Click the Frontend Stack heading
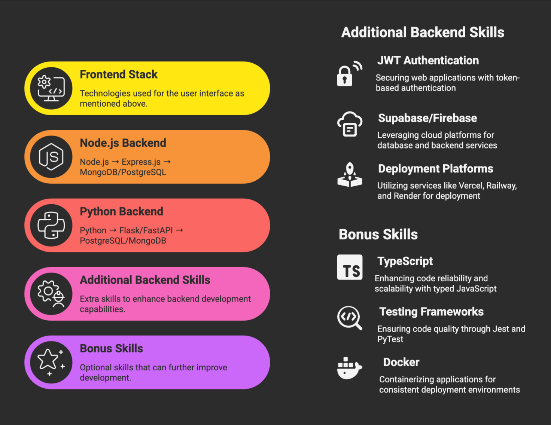(118, 74)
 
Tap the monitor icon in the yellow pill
(51, 88)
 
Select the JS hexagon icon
(51, 157)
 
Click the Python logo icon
(51, 225)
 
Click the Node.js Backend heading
(123, 143)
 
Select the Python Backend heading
(121, 212)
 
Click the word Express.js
(141, 162)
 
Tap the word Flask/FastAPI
(146, 230)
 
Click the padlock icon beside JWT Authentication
(350, 73)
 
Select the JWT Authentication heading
(428, 61)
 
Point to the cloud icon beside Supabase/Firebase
(350, 124)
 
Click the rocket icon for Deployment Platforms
(350, 175)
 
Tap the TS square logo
(350, 267)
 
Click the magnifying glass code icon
(350, 318)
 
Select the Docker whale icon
(350, 368)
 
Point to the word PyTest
(390, 339)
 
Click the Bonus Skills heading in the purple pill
(111, 348)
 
